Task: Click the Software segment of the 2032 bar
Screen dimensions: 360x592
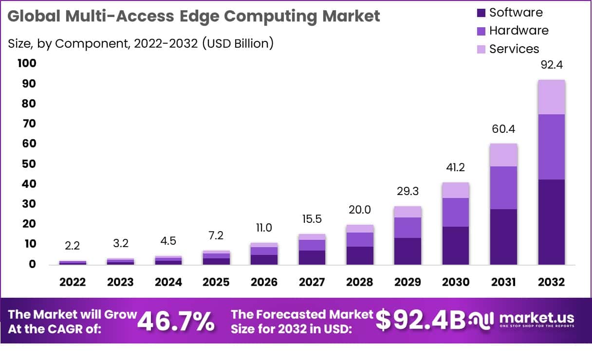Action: coord(552,222)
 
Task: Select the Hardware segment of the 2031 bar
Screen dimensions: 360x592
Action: coord(503,188)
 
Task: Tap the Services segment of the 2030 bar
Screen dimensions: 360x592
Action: coord(456,190)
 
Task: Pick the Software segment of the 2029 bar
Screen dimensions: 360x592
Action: coord(408,251)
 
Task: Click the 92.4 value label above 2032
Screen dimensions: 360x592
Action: coord(552,65)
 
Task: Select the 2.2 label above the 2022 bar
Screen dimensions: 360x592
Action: coord(73,246)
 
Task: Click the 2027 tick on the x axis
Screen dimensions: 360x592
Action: coord(312,282)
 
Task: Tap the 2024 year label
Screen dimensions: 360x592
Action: coord(168,282)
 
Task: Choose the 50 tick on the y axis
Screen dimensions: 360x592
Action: coord(29,164)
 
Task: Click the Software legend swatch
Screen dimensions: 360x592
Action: coord(481,13)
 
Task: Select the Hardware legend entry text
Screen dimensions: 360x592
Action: coord(518,31)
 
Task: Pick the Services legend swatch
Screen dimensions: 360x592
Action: coord(481,49)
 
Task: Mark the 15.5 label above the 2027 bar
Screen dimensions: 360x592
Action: coord(312,219)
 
